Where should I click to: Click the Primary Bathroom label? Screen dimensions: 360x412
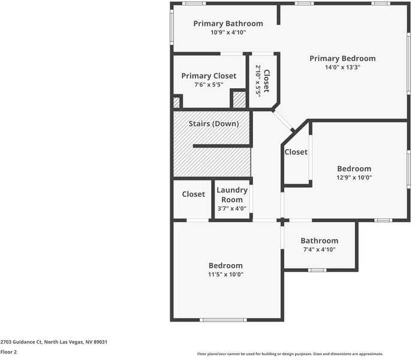coord(228,23)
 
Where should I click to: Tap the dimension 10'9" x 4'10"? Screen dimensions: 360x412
coord(228,32)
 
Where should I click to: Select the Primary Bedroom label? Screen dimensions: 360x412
coord(342,58)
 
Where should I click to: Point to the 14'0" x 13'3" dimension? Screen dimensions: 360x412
coord(342,67)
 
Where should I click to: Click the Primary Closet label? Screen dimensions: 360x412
coord(209,76)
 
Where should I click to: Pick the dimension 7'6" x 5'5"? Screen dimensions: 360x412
coord(209,85)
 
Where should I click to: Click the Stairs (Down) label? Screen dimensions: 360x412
coord(213,124)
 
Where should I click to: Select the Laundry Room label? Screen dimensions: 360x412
coord(232,194)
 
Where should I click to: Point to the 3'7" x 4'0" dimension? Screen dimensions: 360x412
coord(232,209)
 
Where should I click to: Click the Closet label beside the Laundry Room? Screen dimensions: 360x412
coord(193,194)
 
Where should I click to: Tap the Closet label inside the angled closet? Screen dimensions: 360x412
coord(296,152)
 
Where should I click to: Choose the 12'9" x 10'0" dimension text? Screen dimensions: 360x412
coord(354,178)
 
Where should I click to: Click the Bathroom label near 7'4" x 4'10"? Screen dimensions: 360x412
coord(319,241)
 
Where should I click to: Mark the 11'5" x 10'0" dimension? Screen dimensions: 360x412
coord(225,274)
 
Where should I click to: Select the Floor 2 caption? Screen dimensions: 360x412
coord(8,352)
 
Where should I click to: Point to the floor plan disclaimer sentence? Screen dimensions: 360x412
coord(290,354)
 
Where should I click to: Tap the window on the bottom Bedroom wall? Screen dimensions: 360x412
coord(222,320)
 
